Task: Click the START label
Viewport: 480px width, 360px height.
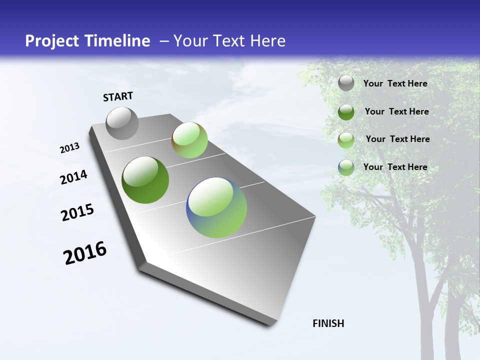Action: click(x=118, y=96)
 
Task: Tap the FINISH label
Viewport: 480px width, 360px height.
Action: click(x=328, y=323)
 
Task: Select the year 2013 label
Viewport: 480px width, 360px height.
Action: click(x=69, y=148)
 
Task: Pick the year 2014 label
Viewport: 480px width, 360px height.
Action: click(x=73, y=177)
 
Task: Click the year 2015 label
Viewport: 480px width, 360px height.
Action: click(x=77, y=212)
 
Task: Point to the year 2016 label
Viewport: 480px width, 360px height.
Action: click(x=85, y=253)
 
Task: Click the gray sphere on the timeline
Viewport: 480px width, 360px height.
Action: click(x=122, y=123)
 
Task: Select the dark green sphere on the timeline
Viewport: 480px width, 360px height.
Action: click(x=145, y=180)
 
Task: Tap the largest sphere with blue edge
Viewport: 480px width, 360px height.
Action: click(x=216, y=207)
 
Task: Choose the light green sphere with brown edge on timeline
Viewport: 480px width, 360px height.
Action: click(x=189, y=140)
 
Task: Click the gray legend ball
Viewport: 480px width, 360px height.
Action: click(x=346, y=83)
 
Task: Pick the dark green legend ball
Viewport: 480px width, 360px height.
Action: click(x=346, y=112)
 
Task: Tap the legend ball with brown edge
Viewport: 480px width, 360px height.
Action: click(x=346, y=140)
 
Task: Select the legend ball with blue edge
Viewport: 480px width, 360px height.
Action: click(x=346, y=167)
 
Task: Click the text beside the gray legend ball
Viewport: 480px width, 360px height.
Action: click(x=395, y=83)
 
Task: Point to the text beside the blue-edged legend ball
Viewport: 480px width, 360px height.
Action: click(x=395, y=167)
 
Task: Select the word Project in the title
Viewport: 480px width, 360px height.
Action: click(x=49, y=41)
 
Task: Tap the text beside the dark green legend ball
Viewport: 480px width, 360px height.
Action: click(x=396, y=111)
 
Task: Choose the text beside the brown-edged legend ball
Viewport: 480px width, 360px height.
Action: click(x=397, y=139)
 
